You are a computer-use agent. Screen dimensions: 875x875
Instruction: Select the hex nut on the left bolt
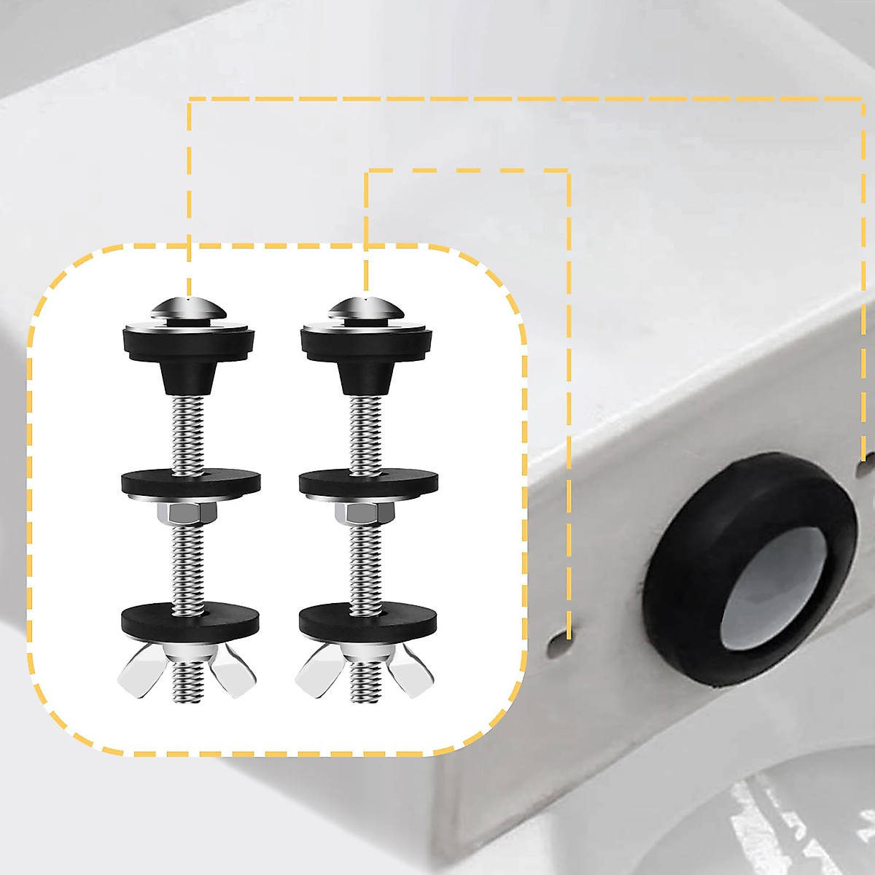pos(188,516)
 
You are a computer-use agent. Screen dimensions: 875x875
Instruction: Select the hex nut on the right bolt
pos(366,516)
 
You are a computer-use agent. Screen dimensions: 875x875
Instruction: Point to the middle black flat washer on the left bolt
pos(188,481)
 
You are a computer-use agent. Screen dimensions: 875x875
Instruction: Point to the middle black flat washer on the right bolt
pos(366,481)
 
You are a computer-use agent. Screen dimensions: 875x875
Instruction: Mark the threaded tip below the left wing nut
pos(188,693)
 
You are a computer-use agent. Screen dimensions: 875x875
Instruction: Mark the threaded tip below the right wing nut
pos(366,693)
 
